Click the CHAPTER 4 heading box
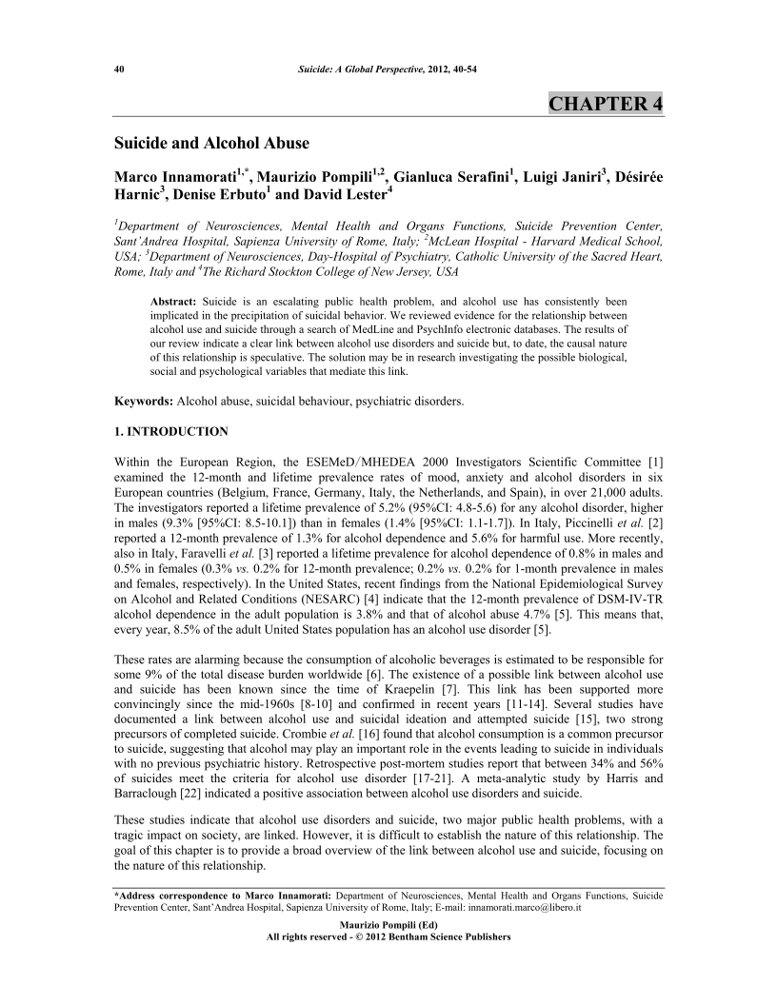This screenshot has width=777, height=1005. pos(606,104)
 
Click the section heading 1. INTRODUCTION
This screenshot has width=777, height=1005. pos(170,431)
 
